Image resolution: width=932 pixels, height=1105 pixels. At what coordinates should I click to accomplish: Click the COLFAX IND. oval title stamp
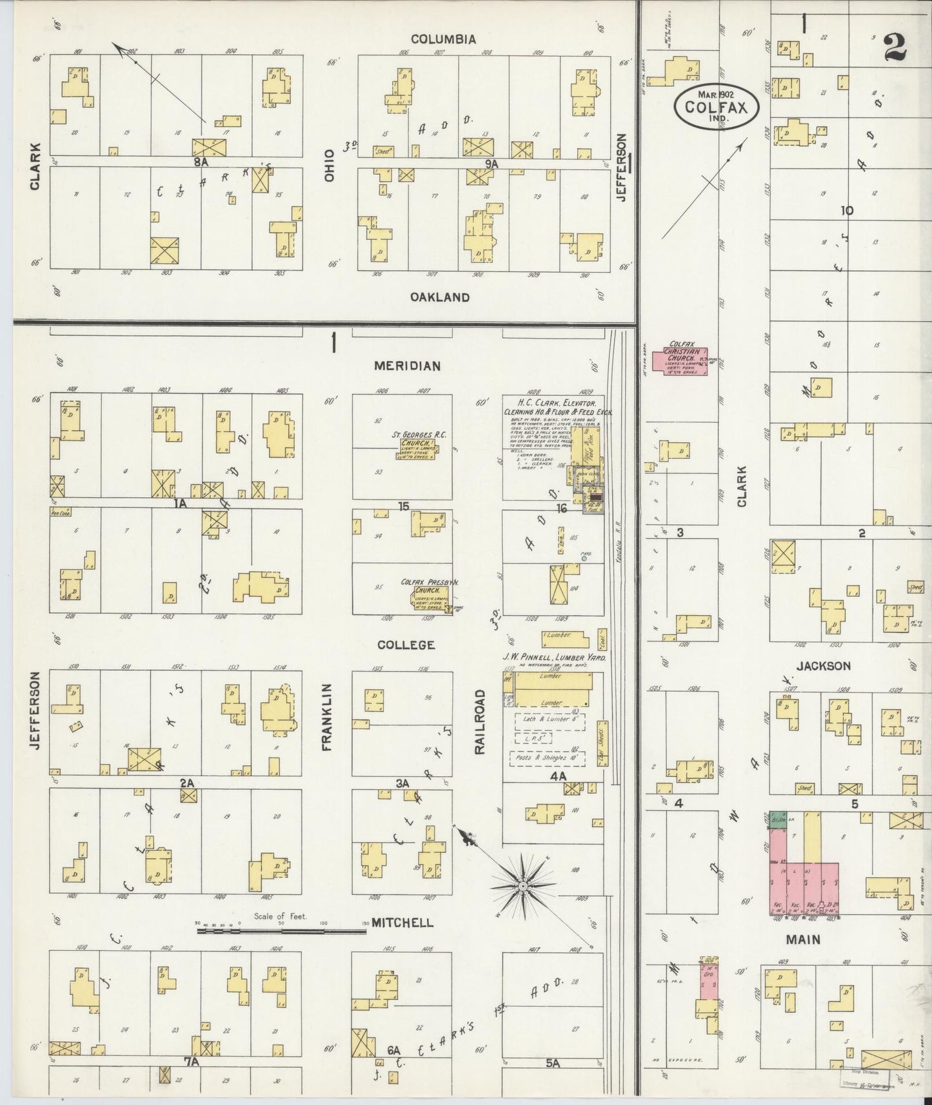coord(715,106)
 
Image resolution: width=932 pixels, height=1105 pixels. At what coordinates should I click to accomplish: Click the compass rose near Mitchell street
coord(524,887)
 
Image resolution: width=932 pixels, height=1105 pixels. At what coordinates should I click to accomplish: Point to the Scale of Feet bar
coord(282,929)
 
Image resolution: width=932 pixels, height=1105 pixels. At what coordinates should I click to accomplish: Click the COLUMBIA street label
coord(444,39)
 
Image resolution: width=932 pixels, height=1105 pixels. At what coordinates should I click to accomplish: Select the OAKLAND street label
coord(440,297)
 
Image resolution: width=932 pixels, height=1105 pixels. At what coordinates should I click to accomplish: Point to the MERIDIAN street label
coord(408,366)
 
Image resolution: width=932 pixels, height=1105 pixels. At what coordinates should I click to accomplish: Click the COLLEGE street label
coord(406,645)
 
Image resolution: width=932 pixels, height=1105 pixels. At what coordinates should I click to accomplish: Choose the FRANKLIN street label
coord(327,717)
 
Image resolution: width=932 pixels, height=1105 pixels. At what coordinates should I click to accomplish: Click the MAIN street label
coord(803,939)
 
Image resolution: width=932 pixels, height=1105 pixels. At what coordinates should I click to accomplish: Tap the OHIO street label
coord(330,166)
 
